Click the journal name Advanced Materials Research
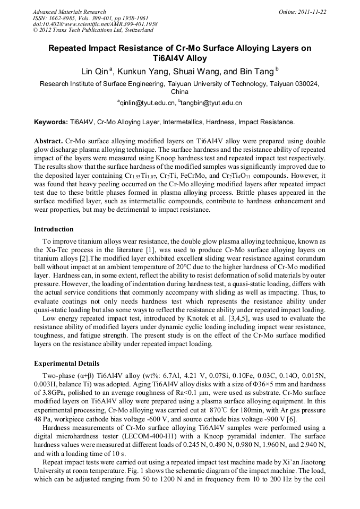pos(69,12)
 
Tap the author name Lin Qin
pos(94,72)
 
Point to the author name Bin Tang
pos(256,72)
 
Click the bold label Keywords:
pos(51,122)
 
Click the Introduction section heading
pos(54,229)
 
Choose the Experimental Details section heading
pos(66,364)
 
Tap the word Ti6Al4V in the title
pos(179,58)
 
